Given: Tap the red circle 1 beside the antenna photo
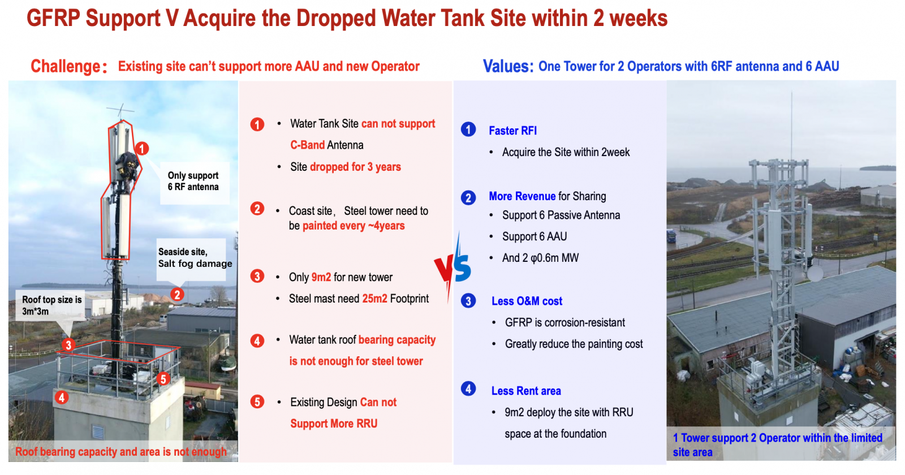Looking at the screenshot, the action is [142, 149].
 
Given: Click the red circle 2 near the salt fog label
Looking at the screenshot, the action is [177, 295].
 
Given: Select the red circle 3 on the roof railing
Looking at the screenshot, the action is [68, 346].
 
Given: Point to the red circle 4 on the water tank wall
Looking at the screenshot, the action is [62, 398].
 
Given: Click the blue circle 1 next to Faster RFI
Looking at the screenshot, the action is [468, 129].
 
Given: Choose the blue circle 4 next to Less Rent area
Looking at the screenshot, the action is [468, 389].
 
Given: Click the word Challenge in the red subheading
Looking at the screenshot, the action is [66, 66].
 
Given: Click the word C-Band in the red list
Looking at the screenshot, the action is [308, 145].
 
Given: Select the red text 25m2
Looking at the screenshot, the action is [374, 299].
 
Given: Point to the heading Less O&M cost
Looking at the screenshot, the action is [527, 301].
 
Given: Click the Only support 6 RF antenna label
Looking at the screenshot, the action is [193, 181].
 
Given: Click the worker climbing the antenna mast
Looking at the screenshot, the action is [127, 169].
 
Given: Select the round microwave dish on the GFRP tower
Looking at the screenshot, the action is [815, 274].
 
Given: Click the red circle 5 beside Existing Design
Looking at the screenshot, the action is [257, 402].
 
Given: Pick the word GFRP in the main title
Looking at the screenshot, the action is [53, 18].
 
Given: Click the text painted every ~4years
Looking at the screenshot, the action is [354, 226].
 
